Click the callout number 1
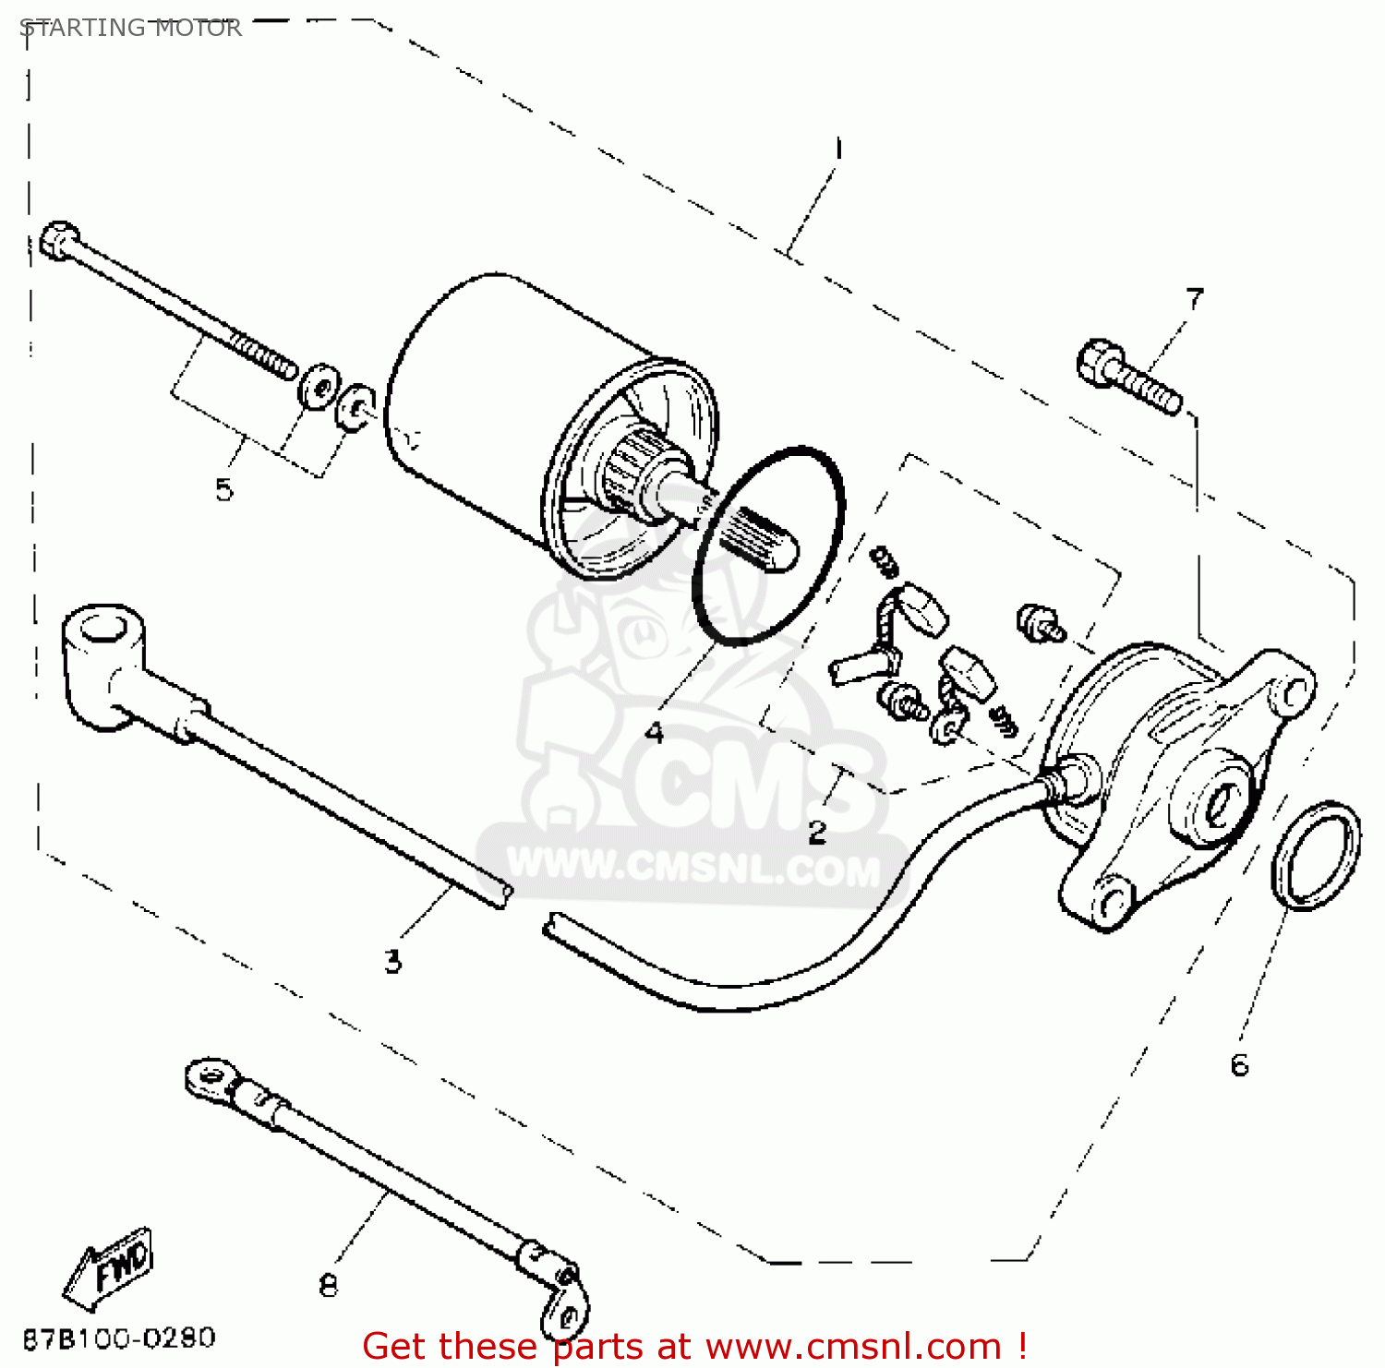838,149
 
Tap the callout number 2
817,832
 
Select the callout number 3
393,961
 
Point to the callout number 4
654,732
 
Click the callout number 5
224,489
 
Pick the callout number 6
1240,1065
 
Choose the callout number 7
1195,298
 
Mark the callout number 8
329,1284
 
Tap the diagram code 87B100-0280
118,1338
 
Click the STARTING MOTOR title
130,28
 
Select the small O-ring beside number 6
1315,856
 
